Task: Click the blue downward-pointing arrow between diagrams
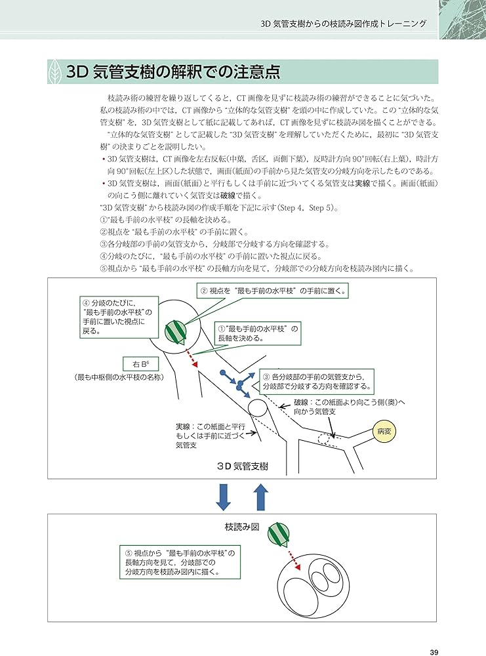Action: (224, 497)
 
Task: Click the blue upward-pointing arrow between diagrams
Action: (261, 497)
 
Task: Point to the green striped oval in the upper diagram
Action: (175, 331)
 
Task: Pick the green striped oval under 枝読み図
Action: (279, 536)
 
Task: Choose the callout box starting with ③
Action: (318, 382)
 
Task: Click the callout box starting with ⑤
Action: (179, 563)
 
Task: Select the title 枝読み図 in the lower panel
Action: (242, 527)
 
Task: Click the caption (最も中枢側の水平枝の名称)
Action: (119, 378)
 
